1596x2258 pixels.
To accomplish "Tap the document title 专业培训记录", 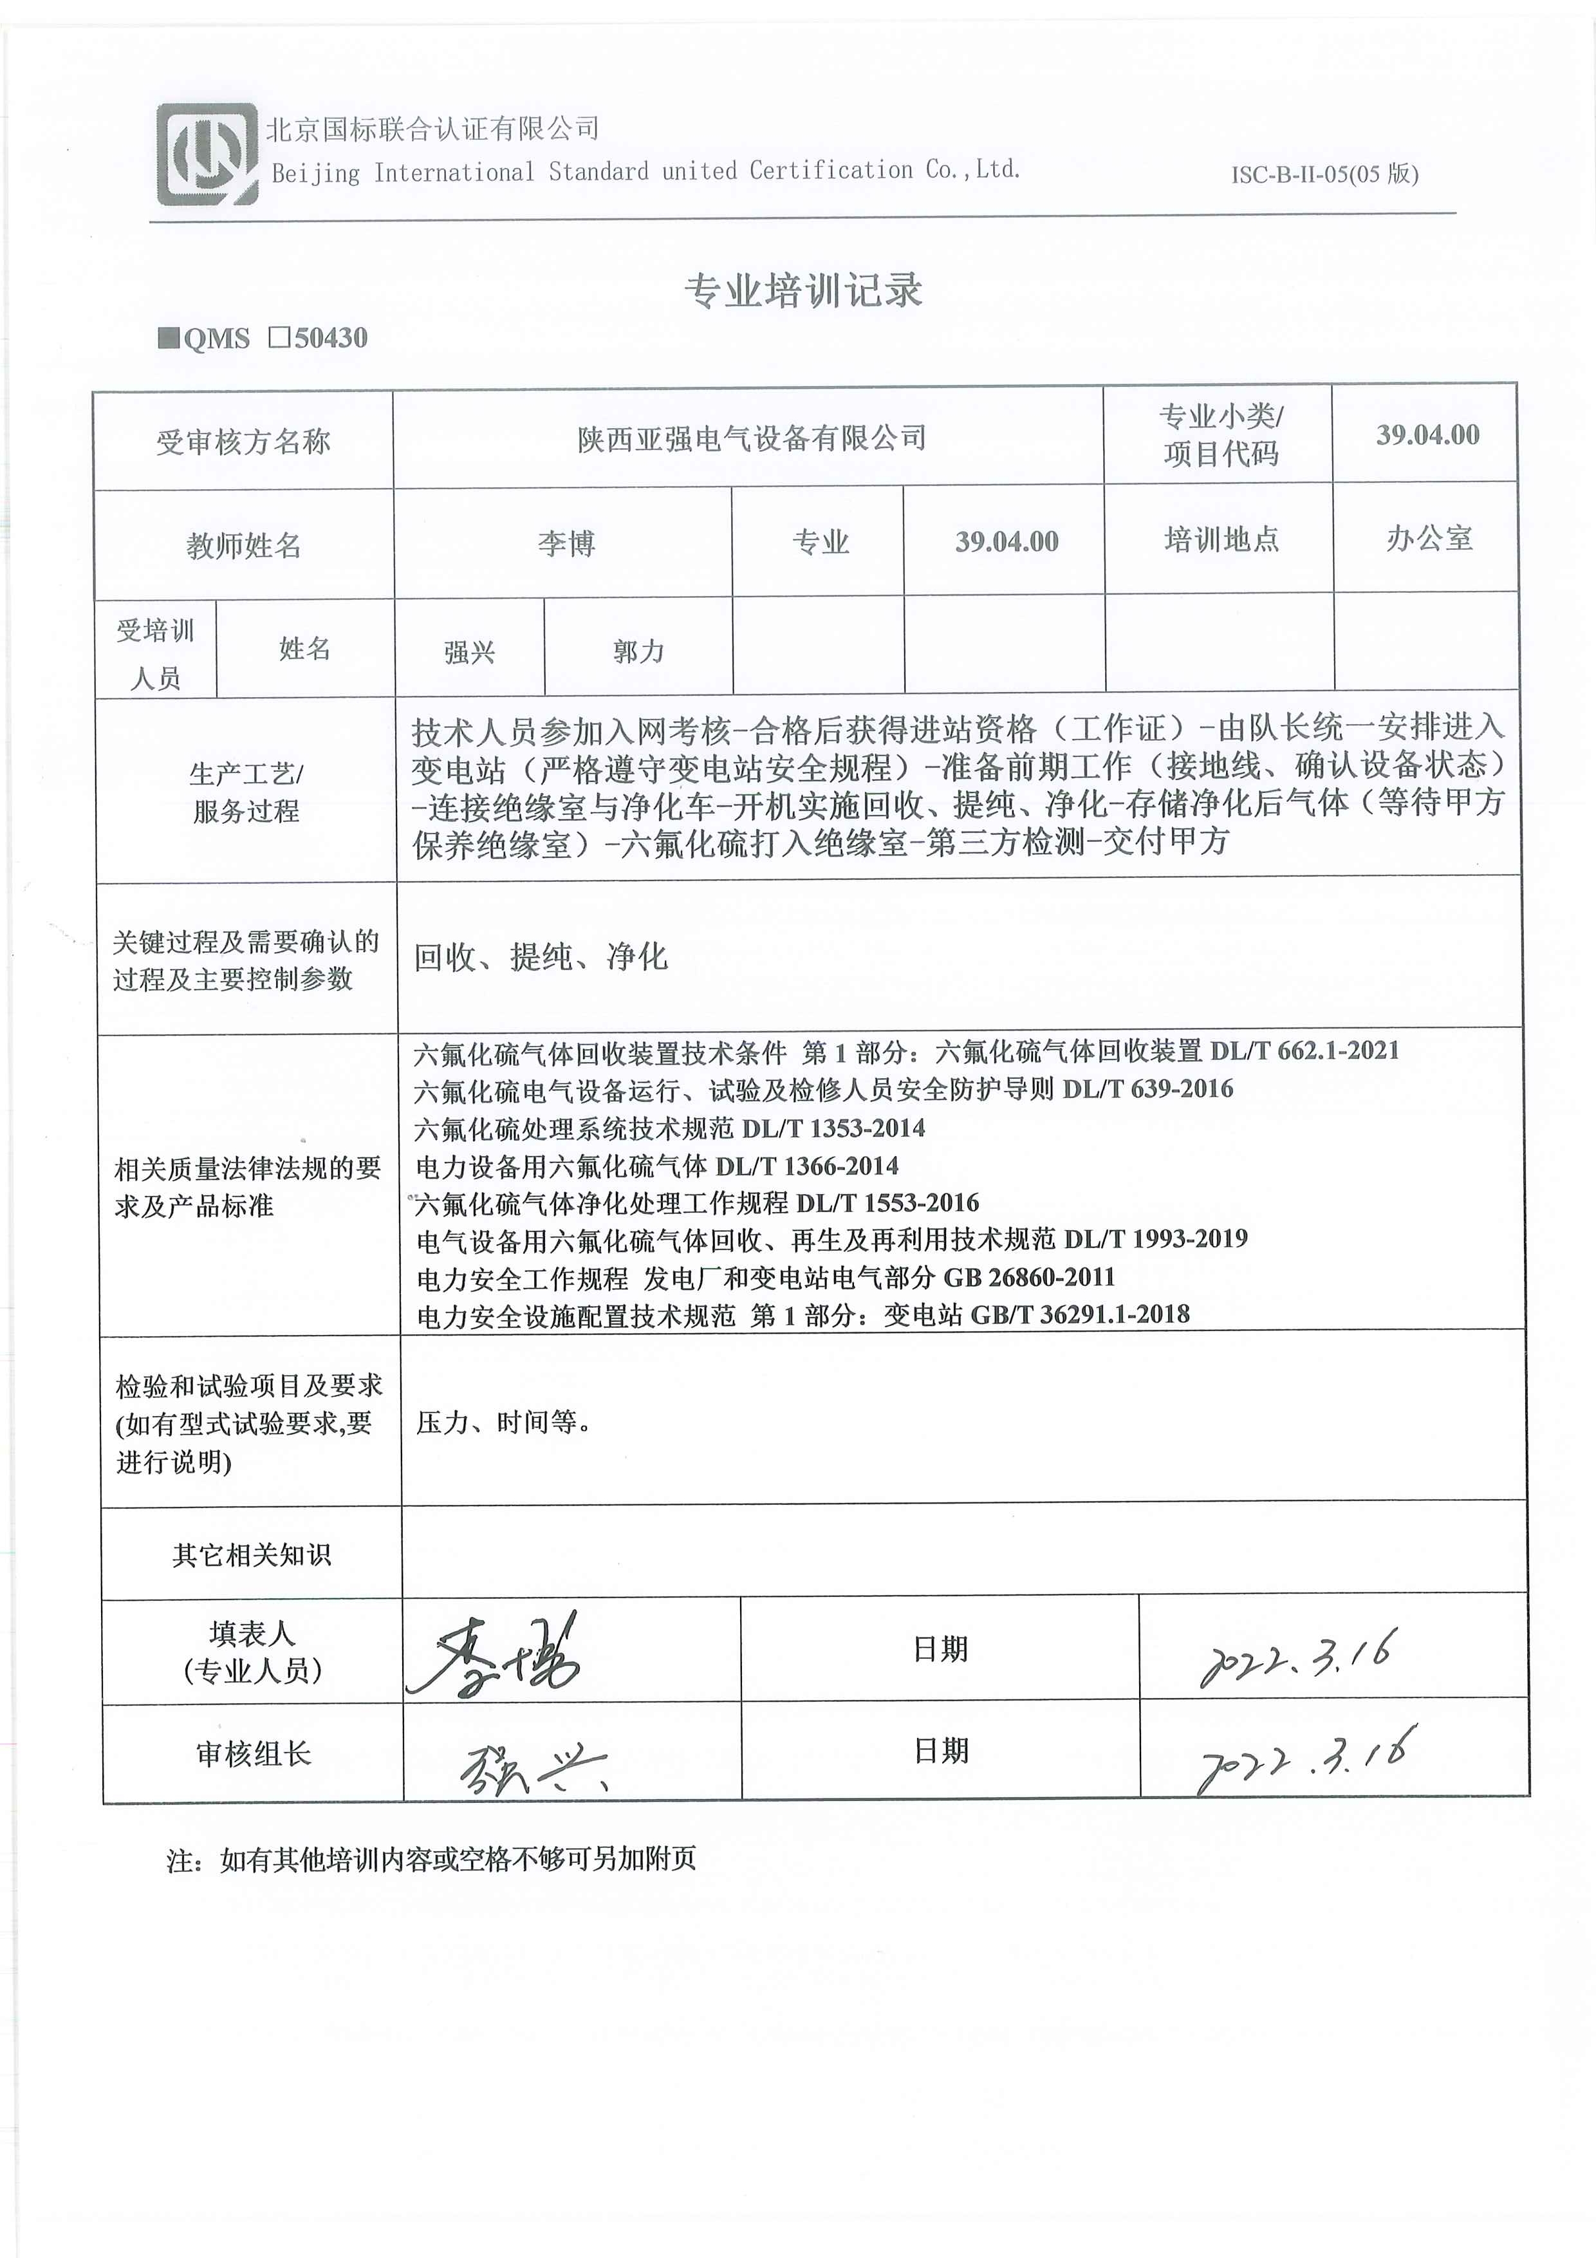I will (x=803, y=290).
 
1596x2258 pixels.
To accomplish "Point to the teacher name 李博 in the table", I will (x=566, y=544).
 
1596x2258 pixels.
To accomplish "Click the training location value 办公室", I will (x=1428, y=538).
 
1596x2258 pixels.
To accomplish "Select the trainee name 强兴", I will (x=469, y=651).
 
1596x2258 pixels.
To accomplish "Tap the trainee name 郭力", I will (x=638, y=651).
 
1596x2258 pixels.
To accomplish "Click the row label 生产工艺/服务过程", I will (x=246, y=792).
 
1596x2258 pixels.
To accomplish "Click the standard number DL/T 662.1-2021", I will (x=1304, y=1050).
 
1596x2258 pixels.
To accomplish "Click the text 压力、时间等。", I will (x=503, y=1422).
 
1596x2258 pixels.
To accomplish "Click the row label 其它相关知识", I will (x=251, y=1555).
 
